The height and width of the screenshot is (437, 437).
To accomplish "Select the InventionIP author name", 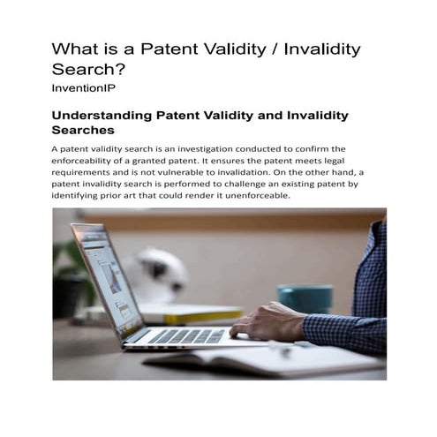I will pos(84,89).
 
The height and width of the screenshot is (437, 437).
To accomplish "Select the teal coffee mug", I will pos(305,298).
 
